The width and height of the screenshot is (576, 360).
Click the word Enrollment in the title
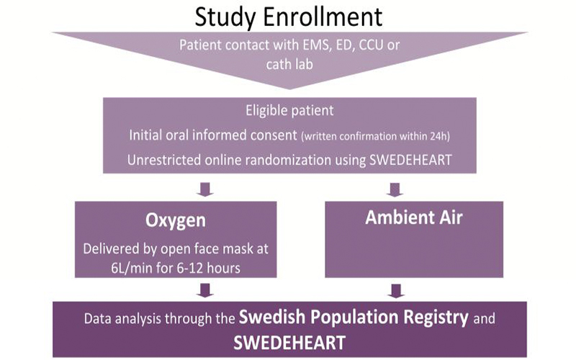pos(323,17)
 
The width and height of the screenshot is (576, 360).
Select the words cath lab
pos(289,64)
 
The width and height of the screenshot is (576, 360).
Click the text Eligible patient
pos(289,111)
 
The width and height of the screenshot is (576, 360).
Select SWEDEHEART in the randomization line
pos(410,160)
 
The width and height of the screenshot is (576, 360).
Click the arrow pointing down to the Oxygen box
pos(205,189)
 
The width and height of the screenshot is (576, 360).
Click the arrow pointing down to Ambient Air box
pos(395,189)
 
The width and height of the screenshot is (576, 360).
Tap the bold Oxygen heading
pos(176,220)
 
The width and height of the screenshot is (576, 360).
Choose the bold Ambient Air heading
pos(414,217)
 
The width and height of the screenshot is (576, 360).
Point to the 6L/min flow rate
pos(132,268)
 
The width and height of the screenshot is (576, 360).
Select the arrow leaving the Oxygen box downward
pos(205,290)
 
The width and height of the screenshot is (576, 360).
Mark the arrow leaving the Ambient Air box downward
pos(396,291)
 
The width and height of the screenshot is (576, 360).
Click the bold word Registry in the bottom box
pos(436,318)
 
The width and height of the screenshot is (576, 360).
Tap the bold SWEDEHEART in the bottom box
pos(289,343)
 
